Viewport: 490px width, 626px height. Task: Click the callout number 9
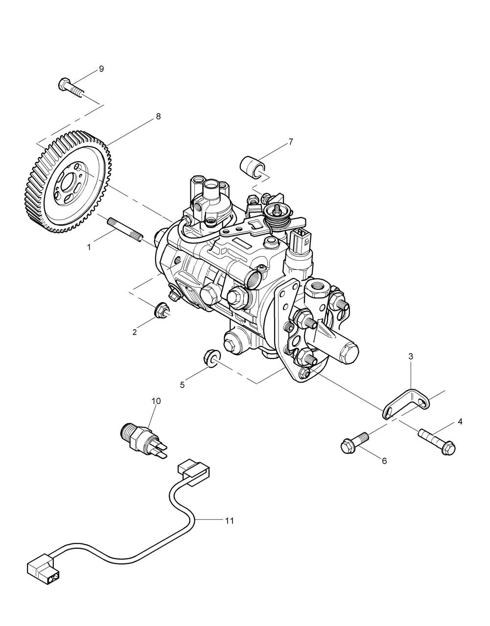[101, 69]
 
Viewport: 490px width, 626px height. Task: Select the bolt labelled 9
[71, 88]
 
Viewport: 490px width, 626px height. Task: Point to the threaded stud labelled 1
[124, 230]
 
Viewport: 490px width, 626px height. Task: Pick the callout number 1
[89, 247]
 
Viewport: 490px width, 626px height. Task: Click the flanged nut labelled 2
[161, 309]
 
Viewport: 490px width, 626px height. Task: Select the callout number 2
[134, 332]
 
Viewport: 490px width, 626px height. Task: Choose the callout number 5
[182, 385]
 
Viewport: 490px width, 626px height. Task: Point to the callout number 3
[411, 357]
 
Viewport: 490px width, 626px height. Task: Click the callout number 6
[384, 461]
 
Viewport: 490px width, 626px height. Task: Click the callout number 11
[229, 521]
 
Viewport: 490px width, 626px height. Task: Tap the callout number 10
[156, 401]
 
